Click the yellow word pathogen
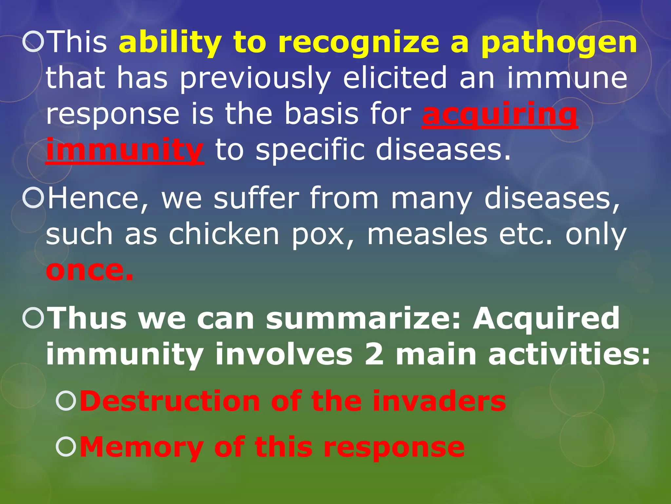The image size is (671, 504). click(559, 43)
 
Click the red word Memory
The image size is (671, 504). click(141, 447)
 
